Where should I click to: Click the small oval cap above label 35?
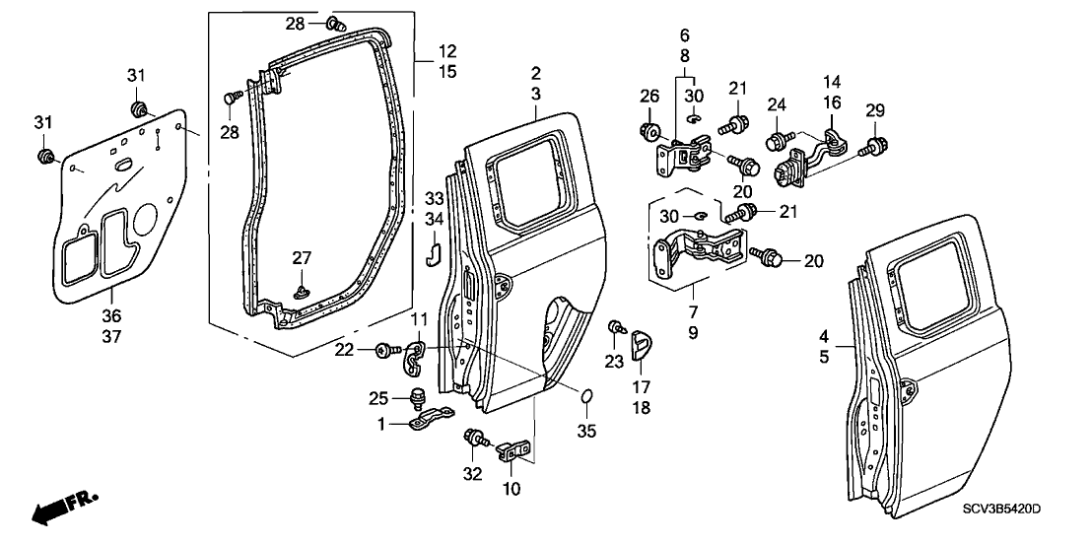(584, 398)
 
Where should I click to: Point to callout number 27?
(303, 258)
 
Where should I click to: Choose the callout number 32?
(472, 473)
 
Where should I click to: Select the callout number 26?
(648, 96)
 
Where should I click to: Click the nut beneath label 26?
(648, 129)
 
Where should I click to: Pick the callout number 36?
(110, 315)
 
